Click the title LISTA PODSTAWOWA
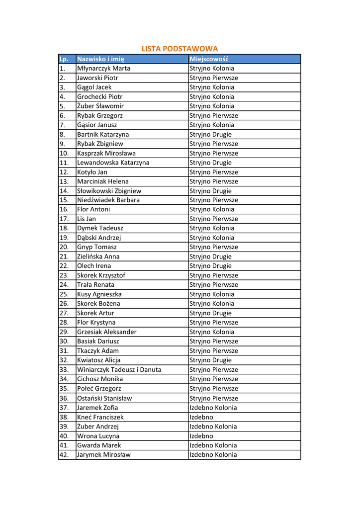point(180,49)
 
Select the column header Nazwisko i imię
point(100,59)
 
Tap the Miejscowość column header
point(209,59)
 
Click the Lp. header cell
point(64,59)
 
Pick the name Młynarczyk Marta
point(103,69)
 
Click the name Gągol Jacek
point(94,87)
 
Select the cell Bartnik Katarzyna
point(103,134)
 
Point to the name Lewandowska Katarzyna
point(113,163)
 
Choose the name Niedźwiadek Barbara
point(108,200)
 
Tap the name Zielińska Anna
point(98,256)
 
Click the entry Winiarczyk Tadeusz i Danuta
point(119,370)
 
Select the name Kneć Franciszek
point(100,417)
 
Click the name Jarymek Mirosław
point(104,455)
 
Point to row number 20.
point(64,247)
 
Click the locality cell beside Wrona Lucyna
point(201,436)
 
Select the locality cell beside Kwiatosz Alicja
point(210,360)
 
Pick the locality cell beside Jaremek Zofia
point(213,408)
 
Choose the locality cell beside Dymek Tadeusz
point(211,228)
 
